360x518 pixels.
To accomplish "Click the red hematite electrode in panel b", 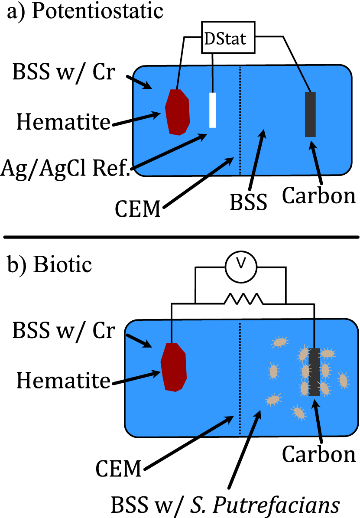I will coord(173,366).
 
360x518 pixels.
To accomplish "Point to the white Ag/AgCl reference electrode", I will coord(212,110).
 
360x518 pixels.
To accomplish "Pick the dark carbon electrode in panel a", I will coord(310,114).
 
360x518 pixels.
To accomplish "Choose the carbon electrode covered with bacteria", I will coord(315,372).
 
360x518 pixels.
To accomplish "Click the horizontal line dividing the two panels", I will coord(180,237).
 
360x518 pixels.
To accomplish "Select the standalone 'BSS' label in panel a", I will coord(249,202).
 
